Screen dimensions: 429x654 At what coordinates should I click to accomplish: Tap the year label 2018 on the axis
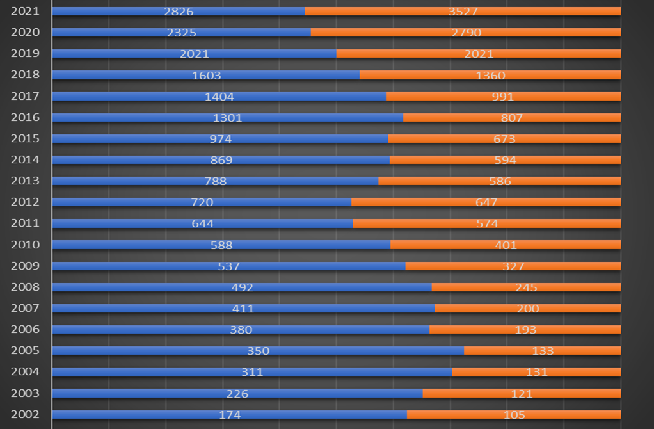(25, 74)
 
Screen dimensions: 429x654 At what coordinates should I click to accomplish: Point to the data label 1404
(219, 97)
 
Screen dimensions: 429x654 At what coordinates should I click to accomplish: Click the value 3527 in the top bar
(463, 12)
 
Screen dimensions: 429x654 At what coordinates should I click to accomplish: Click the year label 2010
(25, 244)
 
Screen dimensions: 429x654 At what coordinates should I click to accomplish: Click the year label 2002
(25, 414)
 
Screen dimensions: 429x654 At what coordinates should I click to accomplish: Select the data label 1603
(207, 76)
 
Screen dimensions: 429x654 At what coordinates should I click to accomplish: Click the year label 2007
(25, 307)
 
